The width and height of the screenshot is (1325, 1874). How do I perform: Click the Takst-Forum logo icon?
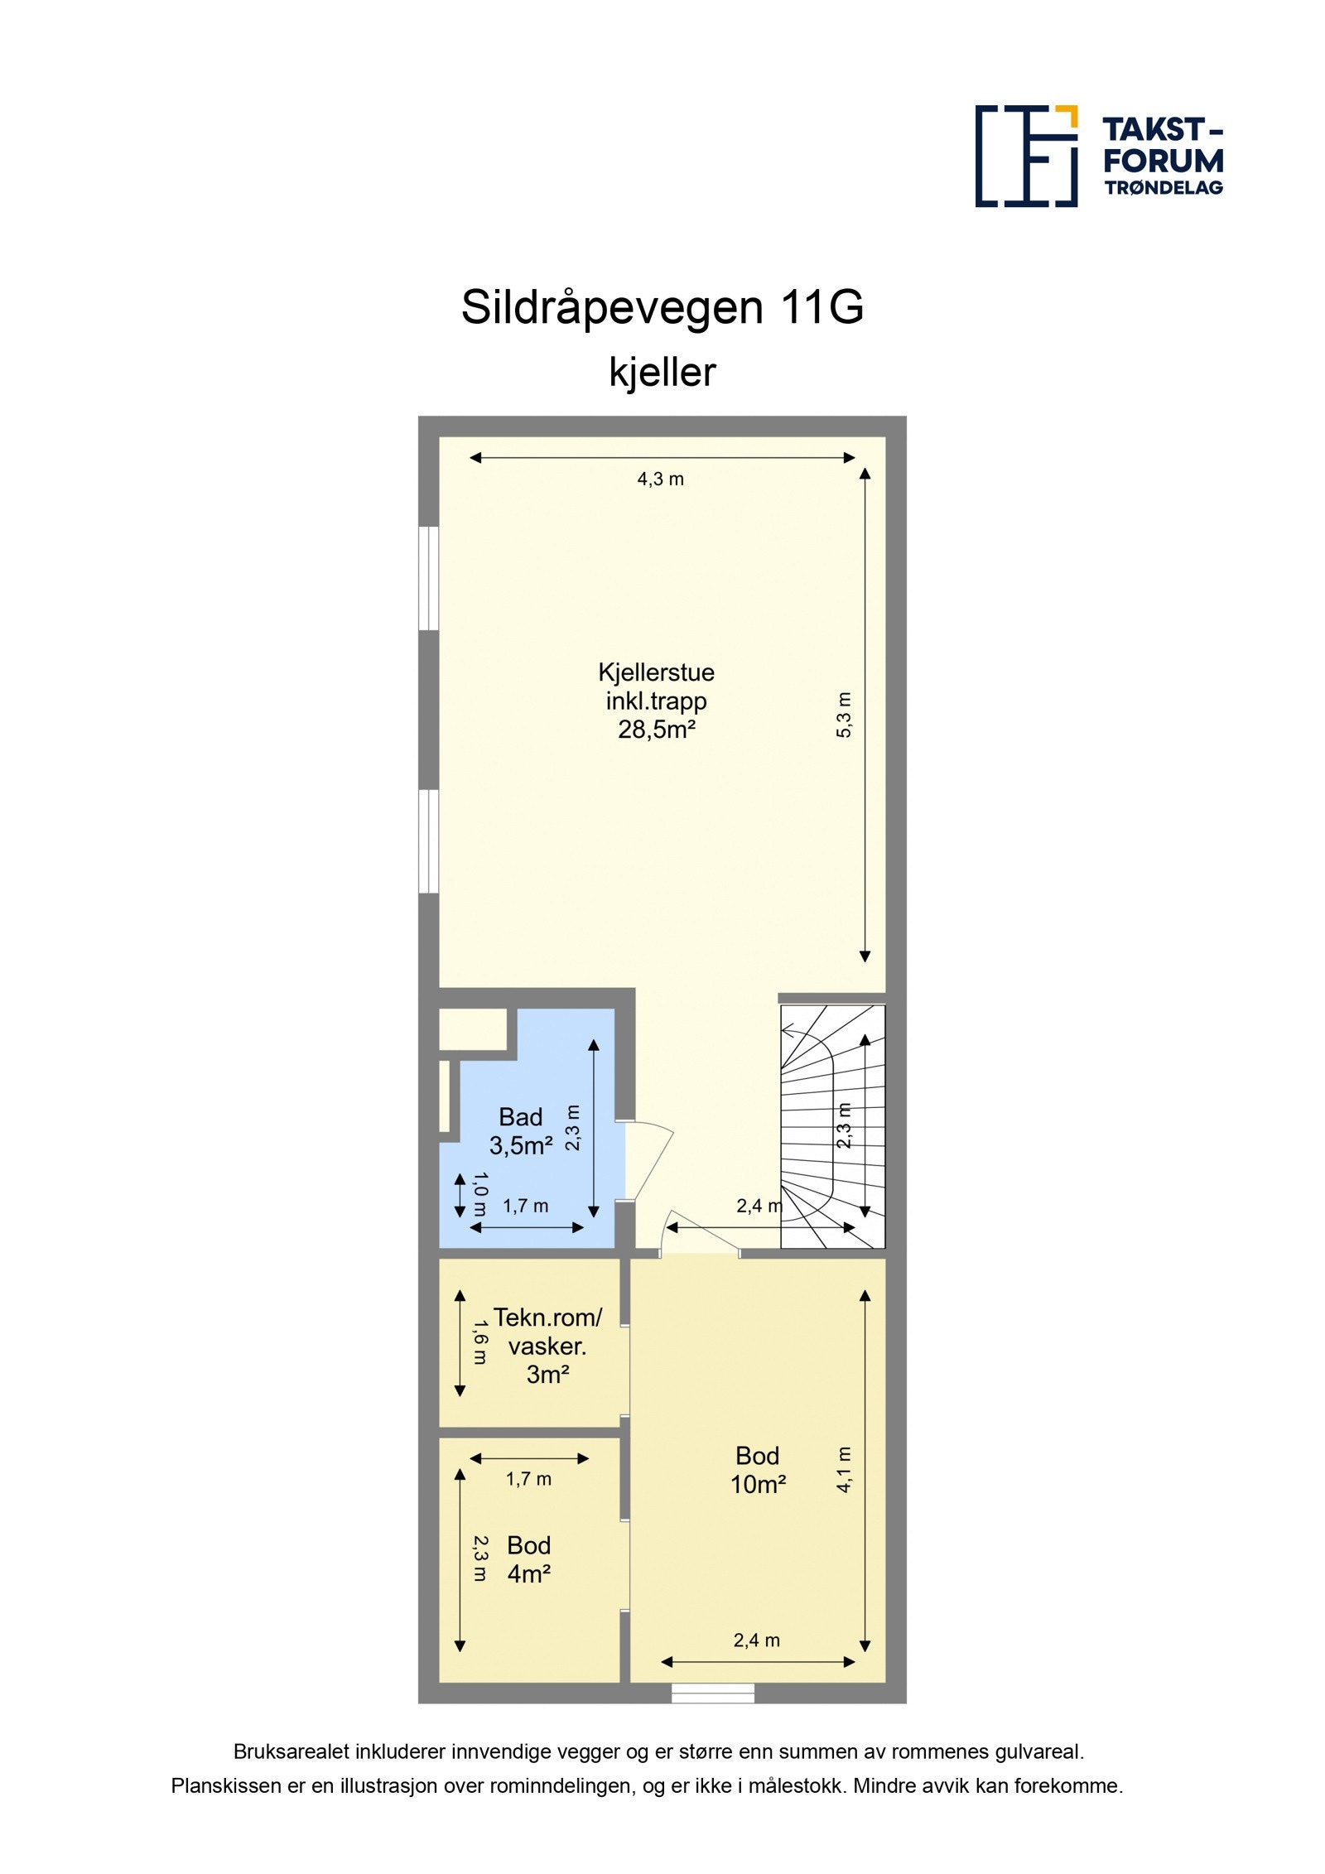click(1026, 156)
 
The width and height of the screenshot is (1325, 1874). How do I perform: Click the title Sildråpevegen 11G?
click(662, 307)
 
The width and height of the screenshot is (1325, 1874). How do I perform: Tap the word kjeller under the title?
click(662, 372)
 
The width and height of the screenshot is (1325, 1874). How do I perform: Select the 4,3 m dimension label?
click(660, 479)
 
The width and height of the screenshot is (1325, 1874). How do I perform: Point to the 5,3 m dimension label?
click(844, 714)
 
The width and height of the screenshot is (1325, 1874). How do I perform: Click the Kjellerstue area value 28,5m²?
click(656, 730)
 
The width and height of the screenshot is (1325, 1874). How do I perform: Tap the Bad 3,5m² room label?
click(520, 1131)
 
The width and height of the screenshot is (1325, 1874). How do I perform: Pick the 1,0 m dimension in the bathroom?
click(479, 1193)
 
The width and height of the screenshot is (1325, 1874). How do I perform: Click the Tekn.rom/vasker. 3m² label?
click(547, 1346)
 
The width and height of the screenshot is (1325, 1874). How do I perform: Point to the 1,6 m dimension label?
click(479, 1342)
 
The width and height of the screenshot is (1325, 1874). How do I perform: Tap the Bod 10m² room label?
click(757, 1470)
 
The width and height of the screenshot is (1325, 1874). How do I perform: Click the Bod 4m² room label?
click(528, 1559)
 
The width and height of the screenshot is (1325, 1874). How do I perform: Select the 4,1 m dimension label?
click(844, 1468)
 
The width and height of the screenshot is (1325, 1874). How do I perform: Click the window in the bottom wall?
click(712, 1693)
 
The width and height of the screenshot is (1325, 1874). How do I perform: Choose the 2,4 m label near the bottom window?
click(756, 1640)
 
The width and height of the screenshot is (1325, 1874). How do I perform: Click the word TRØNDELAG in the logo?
click(1163, 187)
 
